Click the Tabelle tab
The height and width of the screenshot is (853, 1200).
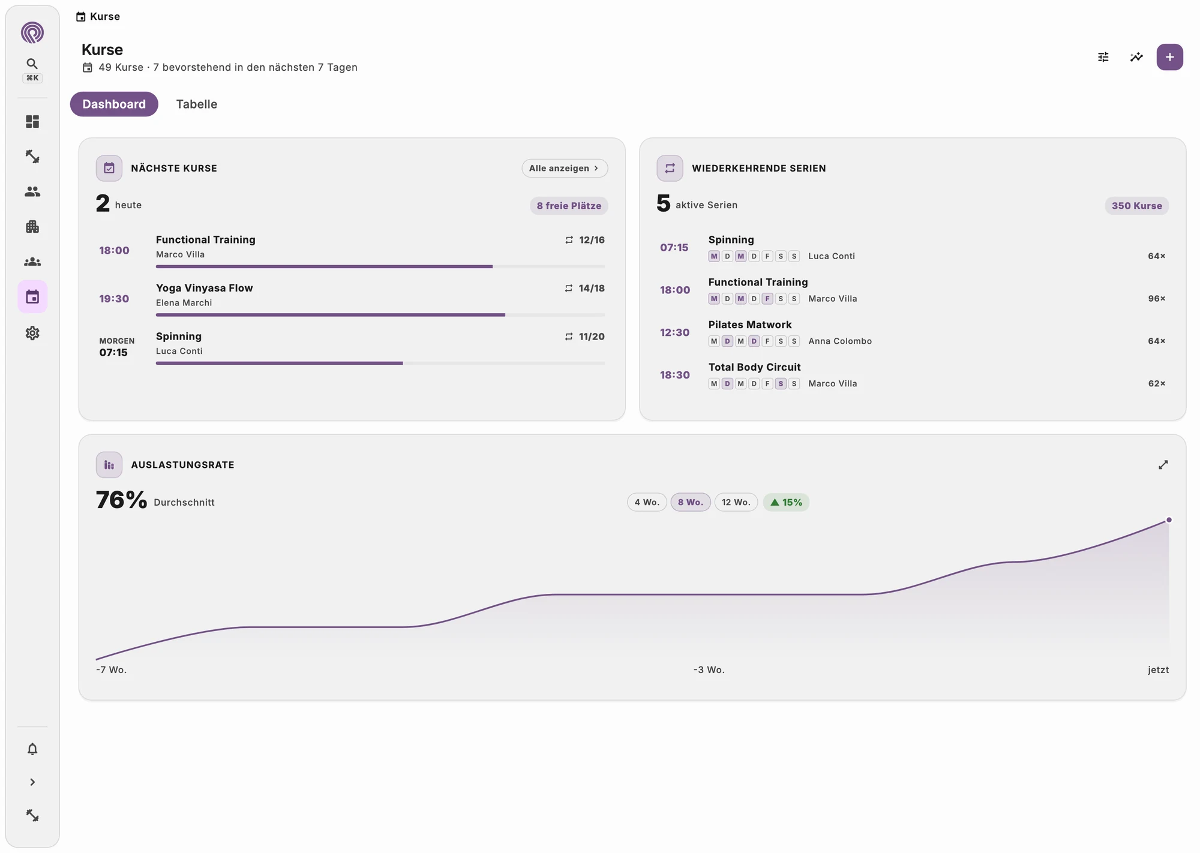click(196, 104)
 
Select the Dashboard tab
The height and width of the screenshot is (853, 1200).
click(114, 104)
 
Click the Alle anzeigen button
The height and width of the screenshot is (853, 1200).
click(565, 169)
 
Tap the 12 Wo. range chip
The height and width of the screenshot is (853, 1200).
click(736, 502)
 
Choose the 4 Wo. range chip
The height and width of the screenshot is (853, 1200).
click(647, 502)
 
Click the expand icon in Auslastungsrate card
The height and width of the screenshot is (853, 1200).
click(1163, 465)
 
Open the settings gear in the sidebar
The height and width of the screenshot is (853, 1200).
click(32, 333)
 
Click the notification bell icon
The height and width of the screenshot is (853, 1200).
click(32, 749)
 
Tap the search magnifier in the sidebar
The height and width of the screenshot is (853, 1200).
click(32, 64)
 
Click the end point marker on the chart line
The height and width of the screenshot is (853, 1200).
click(1169, 520)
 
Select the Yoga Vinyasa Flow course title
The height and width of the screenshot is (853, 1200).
click(205, 288)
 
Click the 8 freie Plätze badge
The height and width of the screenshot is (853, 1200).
click(569, 206)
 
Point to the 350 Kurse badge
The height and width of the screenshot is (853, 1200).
click(1136, 206)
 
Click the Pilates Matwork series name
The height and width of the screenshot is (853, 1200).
click(750, 325)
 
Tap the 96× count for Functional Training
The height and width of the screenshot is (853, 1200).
click(1157, 299)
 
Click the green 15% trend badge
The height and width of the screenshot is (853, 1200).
click(786, 502)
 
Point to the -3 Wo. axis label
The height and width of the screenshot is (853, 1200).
click(709, 670)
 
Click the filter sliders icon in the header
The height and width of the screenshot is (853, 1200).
click(1103, 57)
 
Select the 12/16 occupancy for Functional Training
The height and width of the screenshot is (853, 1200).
click(592, 240)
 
